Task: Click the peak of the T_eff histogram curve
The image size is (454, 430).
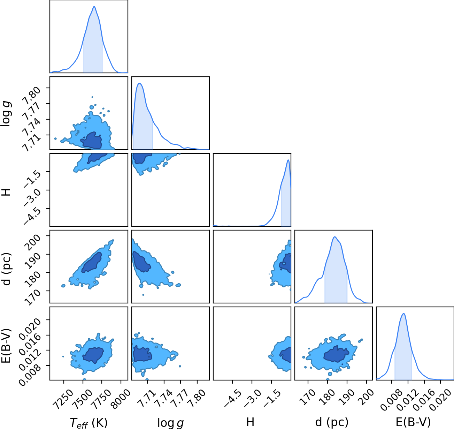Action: (94, 7)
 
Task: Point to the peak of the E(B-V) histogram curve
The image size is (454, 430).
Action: (404, 314)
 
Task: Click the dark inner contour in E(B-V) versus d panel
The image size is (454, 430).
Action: (336, 354)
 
